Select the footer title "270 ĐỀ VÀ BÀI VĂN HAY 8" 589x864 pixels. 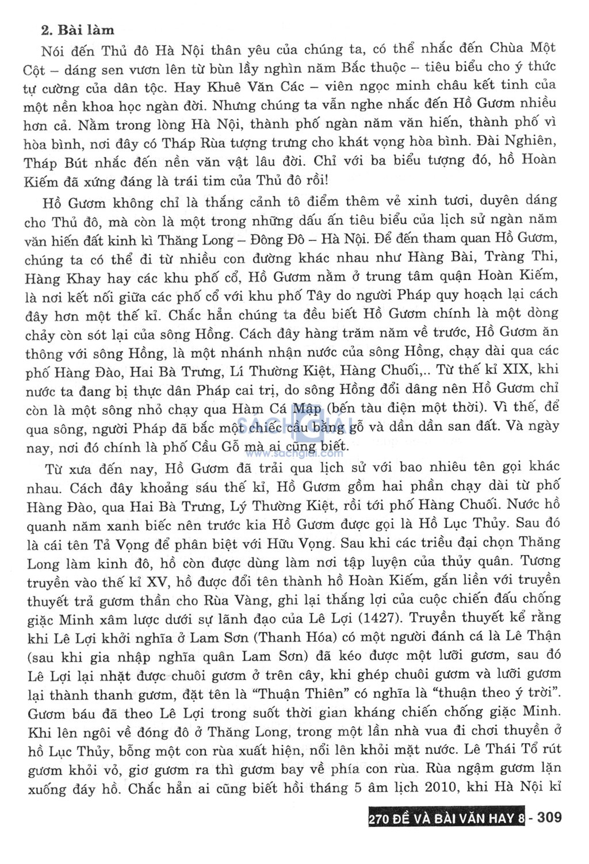[x=446, y=817]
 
